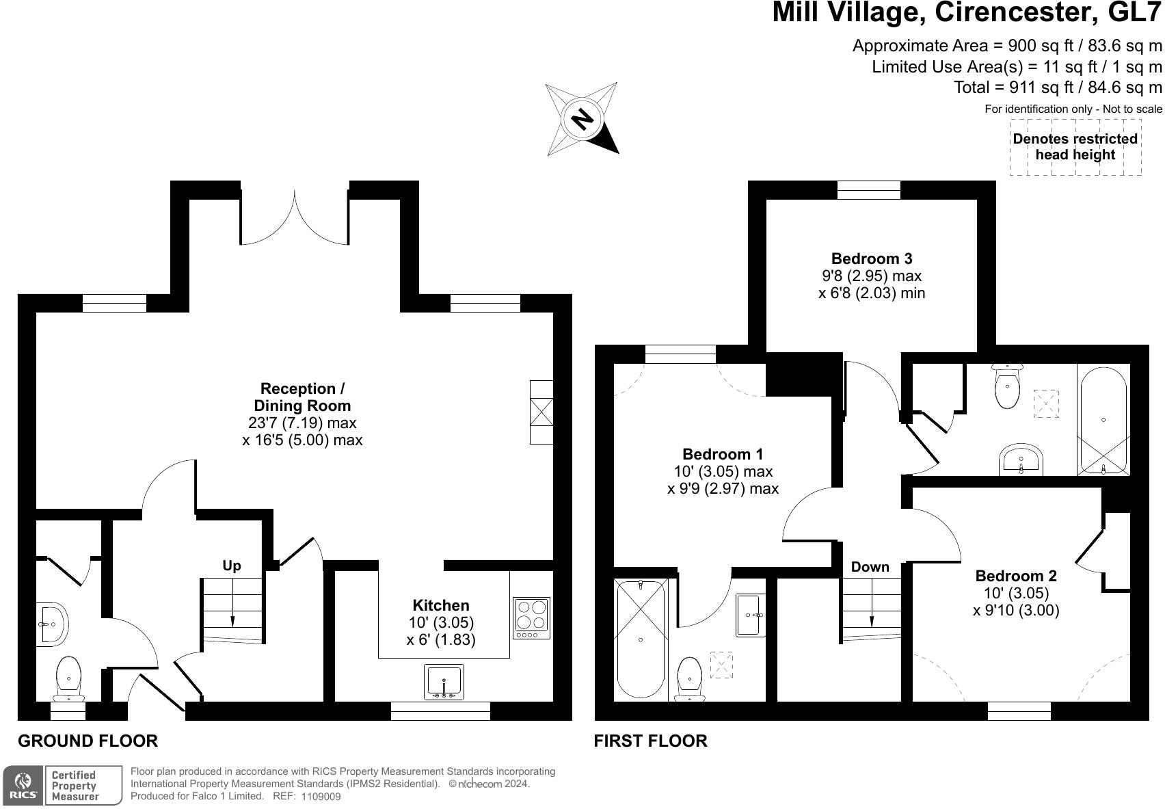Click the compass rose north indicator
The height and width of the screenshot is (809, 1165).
(582, 118)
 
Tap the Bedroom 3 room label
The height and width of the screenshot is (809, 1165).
(872, 258)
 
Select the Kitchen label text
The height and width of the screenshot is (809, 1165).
(441, 605)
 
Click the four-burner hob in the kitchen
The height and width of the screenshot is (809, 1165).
(531, 618)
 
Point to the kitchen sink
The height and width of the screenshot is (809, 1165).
(444, 682)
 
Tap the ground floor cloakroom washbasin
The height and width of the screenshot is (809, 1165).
(51, 624)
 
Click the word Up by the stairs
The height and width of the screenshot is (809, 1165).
(232, 566)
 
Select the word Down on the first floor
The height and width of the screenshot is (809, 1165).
(870, 566)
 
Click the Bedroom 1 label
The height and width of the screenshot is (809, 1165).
(723, 454)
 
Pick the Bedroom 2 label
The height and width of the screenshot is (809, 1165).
(1016, 576)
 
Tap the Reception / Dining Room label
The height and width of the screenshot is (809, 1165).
(302, 397)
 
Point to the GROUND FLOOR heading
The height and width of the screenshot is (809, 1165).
(88, 741)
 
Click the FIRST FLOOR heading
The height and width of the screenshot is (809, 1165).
(651, 741)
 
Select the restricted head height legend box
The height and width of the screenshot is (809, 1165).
(1075, 147)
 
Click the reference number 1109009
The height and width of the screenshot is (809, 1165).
(321, 796)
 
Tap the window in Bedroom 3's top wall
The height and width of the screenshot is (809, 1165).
(868, 190)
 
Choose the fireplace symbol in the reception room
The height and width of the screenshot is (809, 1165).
(541, 412)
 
